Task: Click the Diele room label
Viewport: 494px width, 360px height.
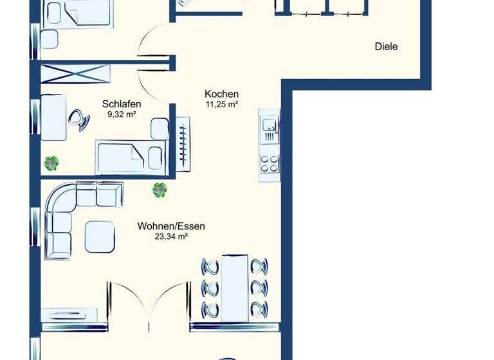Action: [x=386, y=46]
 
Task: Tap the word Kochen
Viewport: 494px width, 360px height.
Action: [x=221, y=93]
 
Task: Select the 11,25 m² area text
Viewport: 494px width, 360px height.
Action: [x=221, y=104]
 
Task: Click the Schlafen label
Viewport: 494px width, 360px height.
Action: [x=122, y=104]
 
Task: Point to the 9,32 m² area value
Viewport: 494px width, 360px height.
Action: [x=122, y=115]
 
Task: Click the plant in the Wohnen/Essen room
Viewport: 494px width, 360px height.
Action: [x=160, y=190]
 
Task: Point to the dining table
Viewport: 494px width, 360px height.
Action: [x=235, y=286]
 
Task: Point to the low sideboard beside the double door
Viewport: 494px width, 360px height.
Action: [x=69, y=314]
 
